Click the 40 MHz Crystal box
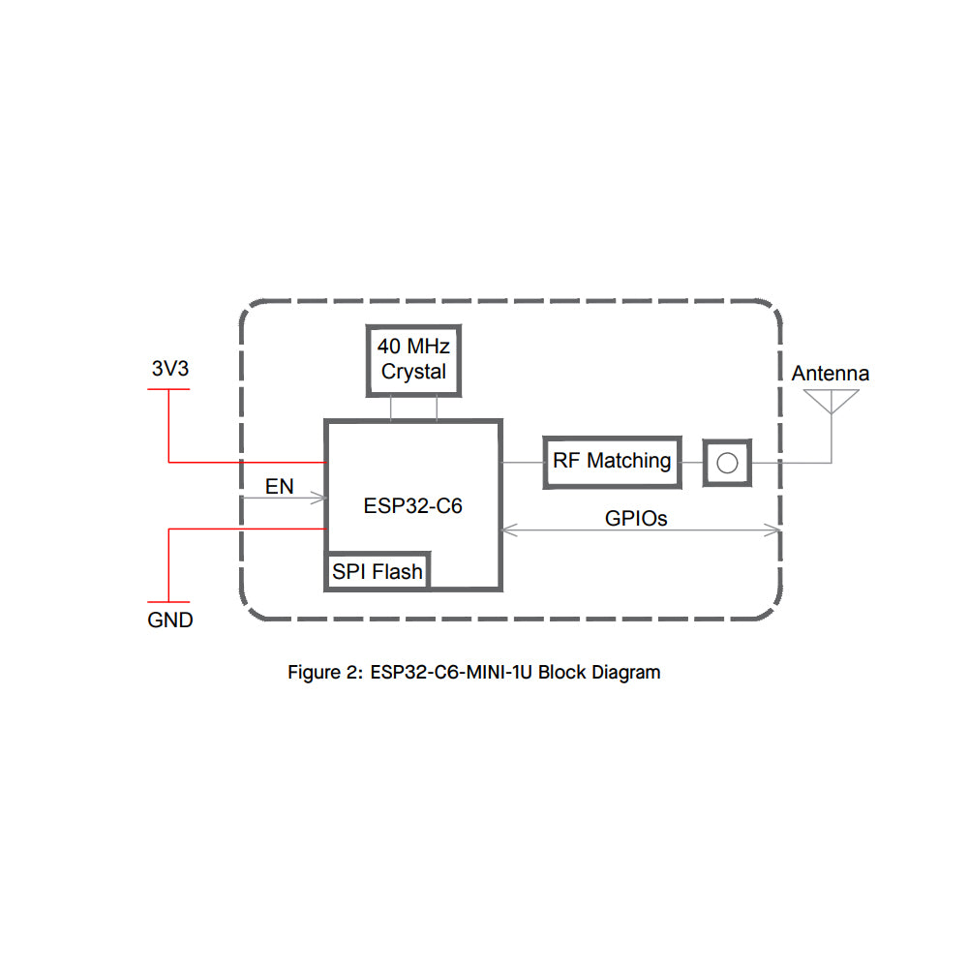pyautogui.click(x=413, y=360)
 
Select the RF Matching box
pyautogui.click(x=612, y=461)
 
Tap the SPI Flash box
pyautogui.click(x=378, y=571)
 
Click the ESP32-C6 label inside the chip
pyautogui.click(x=413, y=505)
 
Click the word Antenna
pyautogui.click(x=831, y=374)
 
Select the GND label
pyautogui.click(x=170, y=620)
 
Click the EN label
pyautogui.click(x=279, y=486)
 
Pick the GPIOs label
pyautogui.click(x=636, y=519)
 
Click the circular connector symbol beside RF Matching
pyautogui.click(x=726, y=462)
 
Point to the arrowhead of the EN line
pyautogui.click(x=318, y=499)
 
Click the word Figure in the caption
pyautogui.click(x=310, y=672)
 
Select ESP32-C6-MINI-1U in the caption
pyautogui.click(x=451, y=672)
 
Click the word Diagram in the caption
pyautogui.click(x=626, y=672)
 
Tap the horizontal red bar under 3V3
pyautogui.click(x=168, y=389)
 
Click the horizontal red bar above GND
pyautogui.click(x=168, y=601)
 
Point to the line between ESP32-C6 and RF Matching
pyautogui.click(x=523, y=462)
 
